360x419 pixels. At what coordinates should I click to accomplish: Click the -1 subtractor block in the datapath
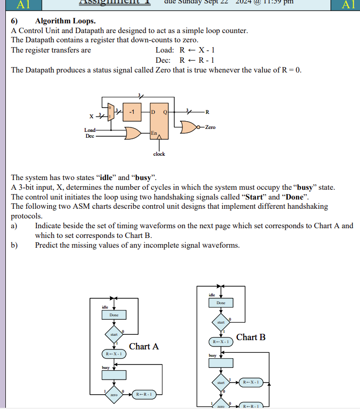(x=131, y=112)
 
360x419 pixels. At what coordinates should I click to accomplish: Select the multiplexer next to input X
(x=110, y=113)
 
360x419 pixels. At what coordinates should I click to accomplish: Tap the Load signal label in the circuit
(x=90, y=130)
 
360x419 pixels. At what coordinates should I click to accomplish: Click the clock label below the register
(x=159, y=154)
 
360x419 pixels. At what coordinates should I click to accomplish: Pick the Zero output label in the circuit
(x=210, y=127)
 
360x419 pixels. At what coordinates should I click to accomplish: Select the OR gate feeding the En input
(x=133, y=133)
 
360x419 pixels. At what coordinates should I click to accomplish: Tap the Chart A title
(x=144, y=346)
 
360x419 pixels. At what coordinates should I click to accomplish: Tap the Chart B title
(x=251, y=337)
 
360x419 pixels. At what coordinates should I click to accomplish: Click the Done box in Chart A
(x=114, y=315)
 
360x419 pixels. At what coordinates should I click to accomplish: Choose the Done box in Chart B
(x=221, y=303)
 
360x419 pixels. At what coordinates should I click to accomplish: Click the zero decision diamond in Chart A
(x=114, y=394)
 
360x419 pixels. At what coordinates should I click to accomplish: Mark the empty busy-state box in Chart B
(x=221, y=362)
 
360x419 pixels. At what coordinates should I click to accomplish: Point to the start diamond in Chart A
(x=114, y=334)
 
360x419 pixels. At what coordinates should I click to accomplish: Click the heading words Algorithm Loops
(x=65, y=21)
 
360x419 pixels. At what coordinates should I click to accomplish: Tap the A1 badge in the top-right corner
(x=348, y=5)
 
